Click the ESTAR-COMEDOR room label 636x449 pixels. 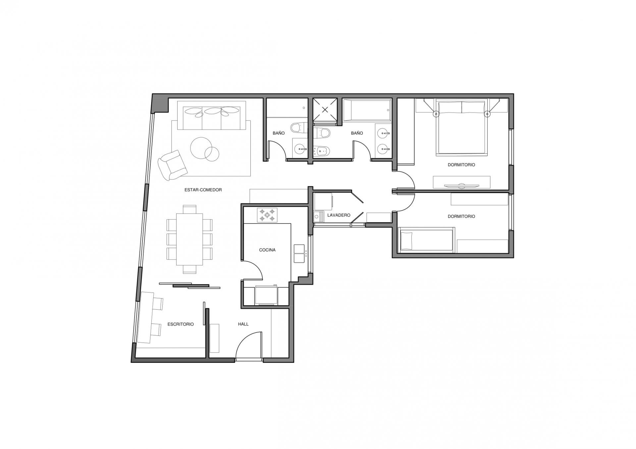(x=203, y=190)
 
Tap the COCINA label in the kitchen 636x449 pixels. (x=267, y=250)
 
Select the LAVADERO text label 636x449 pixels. (x=339, y=215)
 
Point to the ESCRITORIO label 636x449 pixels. (x=181, y=324)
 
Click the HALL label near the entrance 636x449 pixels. (x=243, y=324)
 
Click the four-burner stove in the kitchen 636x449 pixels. (x=267, y=215)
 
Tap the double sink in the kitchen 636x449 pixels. (x=299, y=254)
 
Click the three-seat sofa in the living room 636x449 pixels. (x=212, y=115)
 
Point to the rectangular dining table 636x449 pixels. (x=189, y=239)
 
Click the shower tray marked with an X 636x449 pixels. (x=325, y=110)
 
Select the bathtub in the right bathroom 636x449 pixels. (x=367, y=110)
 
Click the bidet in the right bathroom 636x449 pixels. (x=322, y=151)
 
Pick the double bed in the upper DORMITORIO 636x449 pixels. (x=462, y=128)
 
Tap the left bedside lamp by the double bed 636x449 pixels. (x=436, y=114)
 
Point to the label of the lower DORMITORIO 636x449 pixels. (x=461, y=216)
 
